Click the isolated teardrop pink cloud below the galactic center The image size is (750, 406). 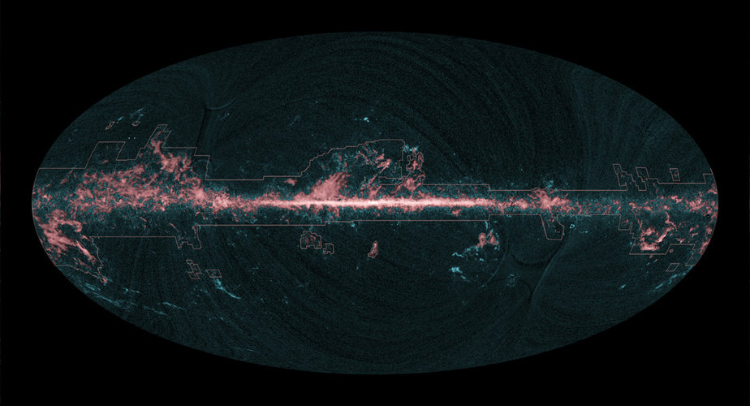click(x=373, y=249)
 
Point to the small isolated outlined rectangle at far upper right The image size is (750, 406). click(x=674, y=173)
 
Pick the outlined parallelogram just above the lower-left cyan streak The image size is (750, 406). click(x=213, y=274)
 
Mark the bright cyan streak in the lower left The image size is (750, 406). click(x=228, y=287)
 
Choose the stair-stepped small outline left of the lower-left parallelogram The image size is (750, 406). click(x=192, y=268)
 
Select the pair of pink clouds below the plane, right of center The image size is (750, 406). click(x=487, y=240)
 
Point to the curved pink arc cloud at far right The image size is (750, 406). click(x=653, y=235)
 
